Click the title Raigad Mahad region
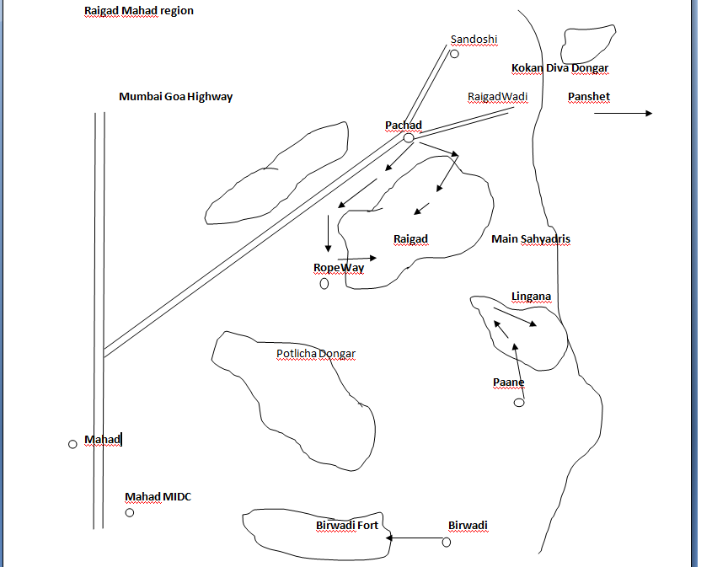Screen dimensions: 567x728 pyautogui.click(x=139, y=11)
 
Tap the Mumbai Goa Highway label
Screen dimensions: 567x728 pyautogui.click(x=175, y=97)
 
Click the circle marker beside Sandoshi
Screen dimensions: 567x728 pyautogui.click(x=454, y=54)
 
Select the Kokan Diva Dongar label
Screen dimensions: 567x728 pyautogui.click(x=559, y=68)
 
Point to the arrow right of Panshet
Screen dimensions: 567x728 pyautogui.click(x=623, y=113)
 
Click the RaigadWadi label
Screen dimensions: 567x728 pyautogui.click(x=497, y=97)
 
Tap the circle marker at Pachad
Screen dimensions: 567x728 pyautogui.click(x=409, y=137)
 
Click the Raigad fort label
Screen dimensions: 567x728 pyautogui.click(x=410, y=239)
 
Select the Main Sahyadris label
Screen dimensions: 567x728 pyautogui.click(x=530, y=239)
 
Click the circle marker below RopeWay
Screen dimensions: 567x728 pyautogui.click(x=324, y=284)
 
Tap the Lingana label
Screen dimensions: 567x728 pyautogui.click(x=531, y=297)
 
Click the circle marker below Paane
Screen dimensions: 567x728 pyautogui.click(x=519, y=403)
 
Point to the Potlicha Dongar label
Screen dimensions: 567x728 pyautogui.click(x=316, y=354)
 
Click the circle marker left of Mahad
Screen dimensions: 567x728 pyautogui.click(x=72, y=444)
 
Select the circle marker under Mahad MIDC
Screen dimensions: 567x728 pyautogui.click(x=130, y=512)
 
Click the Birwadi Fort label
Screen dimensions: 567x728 pyautogui.click(x=347, y=526)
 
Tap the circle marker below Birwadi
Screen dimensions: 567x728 pyautogui.click(x=447, y=542)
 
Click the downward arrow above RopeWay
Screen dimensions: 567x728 pyautogui.click(x=328, y=233)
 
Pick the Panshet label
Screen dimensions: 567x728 pyautogui.click(x=588, y=97)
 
